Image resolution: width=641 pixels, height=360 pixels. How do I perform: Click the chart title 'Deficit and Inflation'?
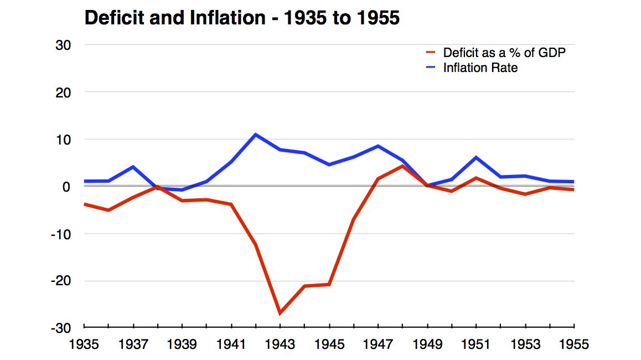tap(241, 19)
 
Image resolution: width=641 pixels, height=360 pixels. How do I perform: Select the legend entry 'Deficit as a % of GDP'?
tap(504, 53)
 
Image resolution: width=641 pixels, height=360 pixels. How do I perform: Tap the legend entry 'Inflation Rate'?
tap(480, 68)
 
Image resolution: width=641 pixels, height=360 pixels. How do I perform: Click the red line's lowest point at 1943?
tap(280, 313)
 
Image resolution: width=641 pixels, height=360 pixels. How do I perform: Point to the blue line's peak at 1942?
tap(256, 135)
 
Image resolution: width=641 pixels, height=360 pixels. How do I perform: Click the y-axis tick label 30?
tap(62, 45)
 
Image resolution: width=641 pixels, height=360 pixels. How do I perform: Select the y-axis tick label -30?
tap(60, 328)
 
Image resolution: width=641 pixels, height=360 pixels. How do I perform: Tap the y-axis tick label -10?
tap(60, 234)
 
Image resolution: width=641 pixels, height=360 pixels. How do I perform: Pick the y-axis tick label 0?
tap(66, 187)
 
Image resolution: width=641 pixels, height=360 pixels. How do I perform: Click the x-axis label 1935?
tap(84, 344)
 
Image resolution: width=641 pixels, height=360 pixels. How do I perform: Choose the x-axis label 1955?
tap(573, 344)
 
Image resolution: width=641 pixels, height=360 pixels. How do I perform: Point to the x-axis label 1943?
tap(280, 344)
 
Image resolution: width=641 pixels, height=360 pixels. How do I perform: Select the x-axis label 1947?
tap(378, 344)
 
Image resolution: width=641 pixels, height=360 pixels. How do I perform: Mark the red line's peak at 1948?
tap(402, 166)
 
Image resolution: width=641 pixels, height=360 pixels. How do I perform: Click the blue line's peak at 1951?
tap(476, 157)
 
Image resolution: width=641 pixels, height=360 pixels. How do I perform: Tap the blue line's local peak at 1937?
tap(133, 167)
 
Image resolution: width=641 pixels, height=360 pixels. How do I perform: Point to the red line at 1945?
tap(329, 284)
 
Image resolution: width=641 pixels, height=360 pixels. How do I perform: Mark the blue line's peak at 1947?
tap(378, 146)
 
